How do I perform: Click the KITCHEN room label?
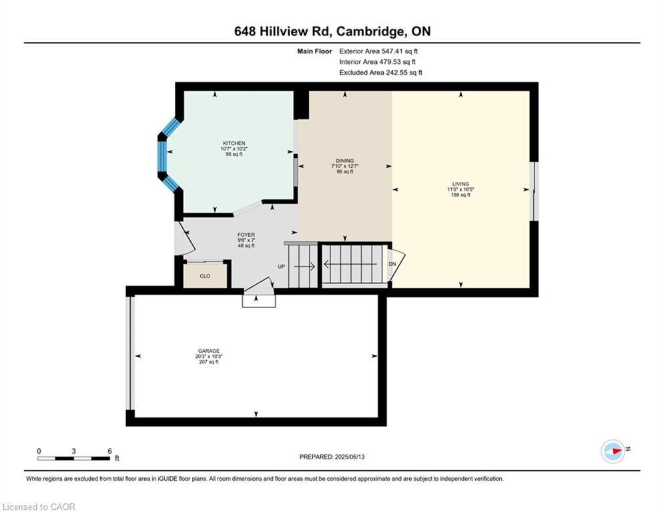234,143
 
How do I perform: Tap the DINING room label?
345,161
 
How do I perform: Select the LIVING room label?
460,184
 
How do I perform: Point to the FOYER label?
246,235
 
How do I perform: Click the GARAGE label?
209,351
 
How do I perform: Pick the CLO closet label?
205,276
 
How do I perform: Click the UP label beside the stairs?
281,267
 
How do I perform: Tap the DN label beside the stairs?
392,264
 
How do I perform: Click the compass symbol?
613,451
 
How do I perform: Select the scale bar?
73,458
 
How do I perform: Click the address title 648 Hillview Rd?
284,31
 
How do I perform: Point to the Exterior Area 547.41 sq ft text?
378,51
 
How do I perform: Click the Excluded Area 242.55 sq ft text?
380,73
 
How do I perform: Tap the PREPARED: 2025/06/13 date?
332,457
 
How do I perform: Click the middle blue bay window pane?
162,157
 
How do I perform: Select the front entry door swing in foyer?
185,239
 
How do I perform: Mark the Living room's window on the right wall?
535,191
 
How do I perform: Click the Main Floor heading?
314,51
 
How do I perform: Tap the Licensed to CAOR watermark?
39,507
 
